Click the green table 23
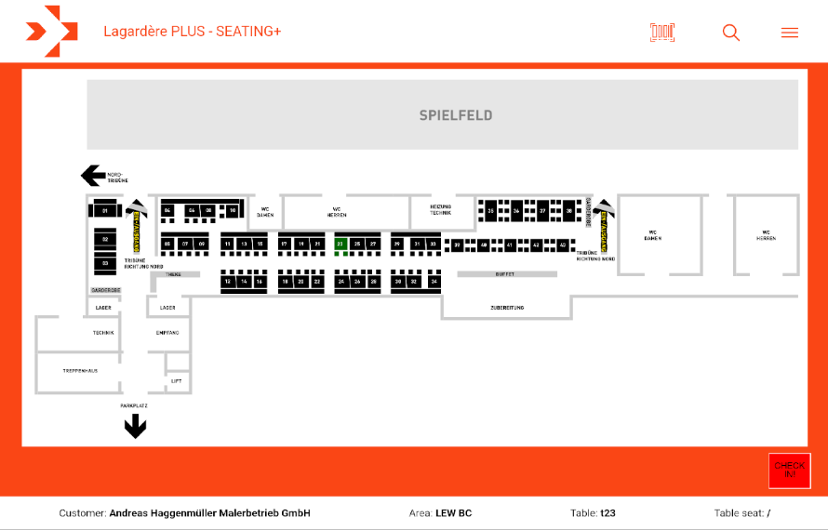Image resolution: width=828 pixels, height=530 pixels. [x=341, y=245]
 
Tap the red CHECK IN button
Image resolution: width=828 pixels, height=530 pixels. [x=790, y=470]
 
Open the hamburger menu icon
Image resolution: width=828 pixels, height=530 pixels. [x=790, y=33]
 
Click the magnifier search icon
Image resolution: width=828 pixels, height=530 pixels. [x=731, y=33]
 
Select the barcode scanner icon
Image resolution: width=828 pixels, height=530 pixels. [x=662, y=33]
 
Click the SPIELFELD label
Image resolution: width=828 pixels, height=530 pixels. [x=456, y=115]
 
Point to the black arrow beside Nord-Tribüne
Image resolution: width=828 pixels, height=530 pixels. [x=92, y=175]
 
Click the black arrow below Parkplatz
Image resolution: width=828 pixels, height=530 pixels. [x=136, y=426]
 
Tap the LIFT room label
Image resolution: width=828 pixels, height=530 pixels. [x=177, y=381]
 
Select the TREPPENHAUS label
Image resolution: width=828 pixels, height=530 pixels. [x=80, y=370]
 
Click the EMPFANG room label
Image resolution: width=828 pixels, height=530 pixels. [x=167, y=332]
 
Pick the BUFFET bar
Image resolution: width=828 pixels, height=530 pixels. [x=506, y=274]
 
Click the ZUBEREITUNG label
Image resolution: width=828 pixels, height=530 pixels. [x=507, y=307]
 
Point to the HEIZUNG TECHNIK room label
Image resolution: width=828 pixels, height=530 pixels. [x=440, y=210]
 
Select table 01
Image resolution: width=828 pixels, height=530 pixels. [x=105, y=212]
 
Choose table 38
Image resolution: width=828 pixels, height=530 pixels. [x=569, y=212]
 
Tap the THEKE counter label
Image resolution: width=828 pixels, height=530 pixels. [x=174, y=274]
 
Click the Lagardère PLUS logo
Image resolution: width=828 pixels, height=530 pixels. [x=51, y=32]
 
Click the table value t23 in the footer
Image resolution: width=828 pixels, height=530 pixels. [x=608, y=513]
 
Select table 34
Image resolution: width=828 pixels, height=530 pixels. [x=433, y=281]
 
